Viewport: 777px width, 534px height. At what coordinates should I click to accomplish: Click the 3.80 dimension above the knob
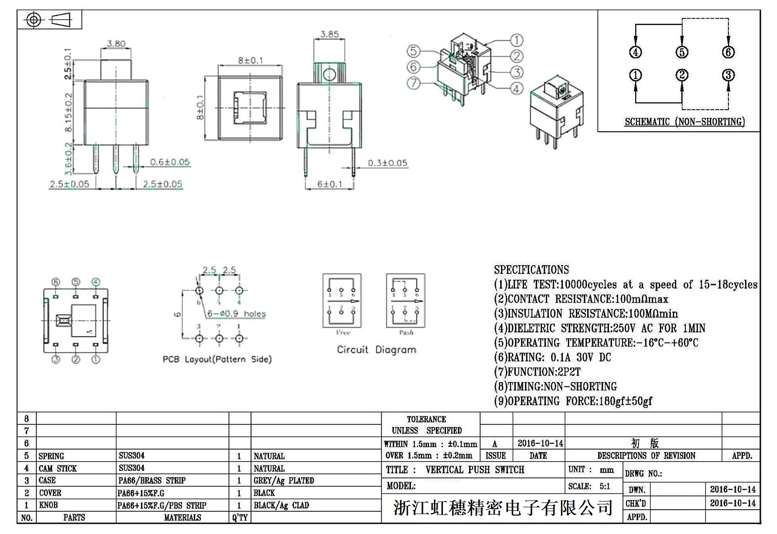[x=116, y=43]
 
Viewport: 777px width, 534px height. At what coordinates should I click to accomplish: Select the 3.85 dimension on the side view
[x=329, y=34]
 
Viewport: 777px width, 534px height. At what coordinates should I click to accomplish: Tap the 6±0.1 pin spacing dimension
[x=330, y=184]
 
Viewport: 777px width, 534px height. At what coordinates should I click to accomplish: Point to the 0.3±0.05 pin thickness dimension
[x=387, y=163]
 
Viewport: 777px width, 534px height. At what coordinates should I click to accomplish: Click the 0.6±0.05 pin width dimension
[x=169, y=162]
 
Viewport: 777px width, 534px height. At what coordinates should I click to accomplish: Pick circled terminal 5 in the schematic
[x=682, y=52]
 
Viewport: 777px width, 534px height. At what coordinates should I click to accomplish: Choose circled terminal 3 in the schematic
[x=728, y=75]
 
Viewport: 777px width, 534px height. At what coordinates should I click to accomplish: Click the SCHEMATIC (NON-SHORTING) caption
[x=684, y=122]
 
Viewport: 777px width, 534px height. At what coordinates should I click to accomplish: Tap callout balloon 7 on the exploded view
[x=413, y=83]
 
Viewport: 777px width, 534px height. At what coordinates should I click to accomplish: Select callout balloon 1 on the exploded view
[x=516, y=40]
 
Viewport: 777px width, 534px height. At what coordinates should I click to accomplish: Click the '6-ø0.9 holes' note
[x=236, y=314]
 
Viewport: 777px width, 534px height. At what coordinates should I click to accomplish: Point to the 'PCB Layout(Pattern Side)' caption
[x=217, y=359]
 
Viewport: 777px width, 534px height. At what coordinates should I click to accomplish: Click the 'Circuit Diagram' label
[x=376, y=350]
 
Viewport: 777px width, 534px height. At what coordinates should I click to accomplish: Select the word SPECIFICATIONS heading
[x=531, y=270]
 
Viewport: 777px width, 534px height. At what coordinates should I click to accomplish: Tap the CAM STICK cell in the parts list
[x=58, y=468]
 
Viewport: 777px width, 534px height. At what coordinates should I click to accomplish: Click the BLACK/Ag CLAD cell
[x=281, y=505]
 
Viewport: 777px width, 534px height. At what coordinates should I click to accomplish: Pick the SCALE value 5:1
[x=605, y=486]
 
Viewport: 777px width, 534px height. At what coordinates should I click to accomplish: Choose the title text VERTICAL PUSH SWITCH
[x=475, y=470]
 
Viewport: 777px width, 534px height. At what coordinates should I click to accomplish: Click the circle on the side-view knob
[x=329, y=75]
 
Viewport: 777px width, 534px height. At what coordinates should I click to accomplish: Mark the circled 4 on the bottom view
[x=96, y=282]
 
